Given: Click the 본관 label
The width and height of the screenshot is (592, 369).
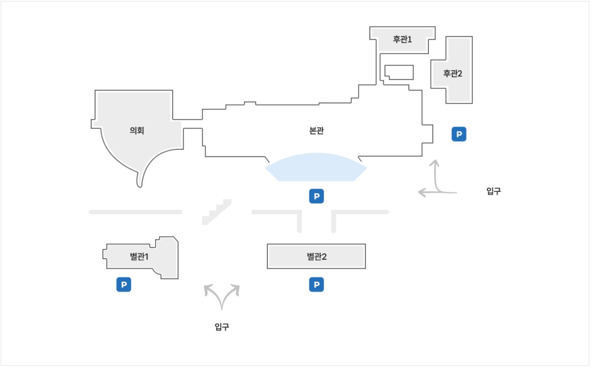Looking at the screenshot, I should point(316,131).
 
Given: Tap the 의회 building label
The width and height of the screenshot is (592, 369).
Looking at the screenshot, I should point(137,131).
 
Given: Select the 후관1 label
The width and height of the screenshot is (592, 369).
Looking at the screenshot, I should point(402,39).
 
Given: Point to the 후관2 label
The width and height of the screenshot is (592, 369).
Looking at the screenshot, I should point(452,73).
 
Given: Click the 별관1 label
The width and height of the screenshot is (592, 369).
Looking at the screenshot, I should point(139,257).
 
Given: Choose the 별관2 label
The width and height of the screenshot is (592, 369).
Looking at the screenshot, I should point(316,257).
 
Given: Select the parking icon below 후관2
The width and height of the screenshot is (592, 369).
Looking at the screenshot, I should point(458,134).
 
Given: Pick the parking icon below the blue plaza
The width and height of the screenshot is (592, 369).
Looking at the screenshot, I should point(316,196).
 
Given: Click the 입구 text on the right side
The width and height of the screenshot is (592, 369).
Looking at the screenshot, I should point(493,191).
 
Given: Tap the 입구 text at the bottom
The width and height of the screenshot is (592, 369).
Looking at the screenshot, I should point(222,327).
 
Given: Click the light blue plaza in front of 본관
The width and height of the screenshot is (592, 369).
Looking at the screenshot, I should point(316,168).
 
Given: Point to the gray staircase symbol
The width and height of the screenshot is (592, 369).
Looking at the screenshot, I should point(217,213).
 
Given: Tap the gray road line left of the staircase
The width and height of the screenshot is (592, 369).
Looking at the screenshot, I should point(135,212).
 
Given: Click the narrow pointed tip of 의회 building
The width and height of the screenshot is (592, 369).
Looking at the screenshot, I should point(139,184).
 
